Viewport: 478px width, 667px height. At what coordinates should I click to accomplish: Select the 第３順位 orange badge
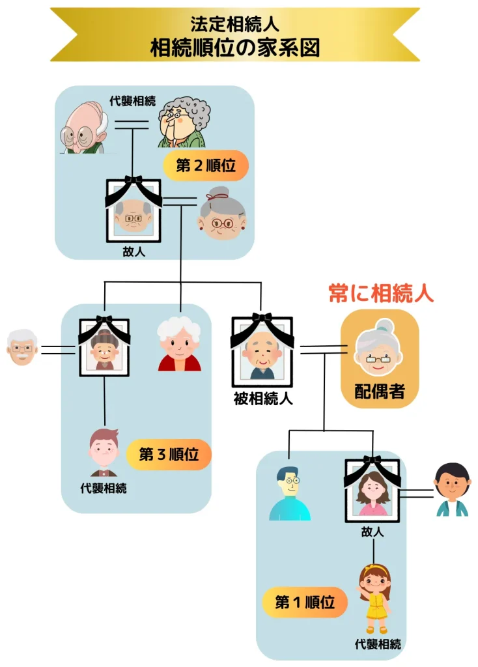(168, 454)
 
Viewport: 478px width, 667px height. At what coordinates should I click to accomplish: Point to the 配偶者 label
(380, 391)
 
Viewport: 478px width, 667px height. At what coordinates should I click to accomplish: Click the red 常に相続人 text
(380, 293)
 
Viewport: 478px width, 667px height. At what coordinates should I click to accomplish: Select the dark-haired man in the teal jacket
(452, 490)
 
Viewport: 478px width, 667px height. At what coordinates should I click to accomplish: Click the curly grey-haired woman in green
(184, 122)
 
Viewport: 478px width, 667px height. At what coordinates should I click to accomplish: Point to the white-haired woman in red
(179, 344)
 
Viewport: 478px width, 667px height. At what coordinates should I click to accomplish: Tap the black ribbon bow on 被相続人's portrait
(262, 319)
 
